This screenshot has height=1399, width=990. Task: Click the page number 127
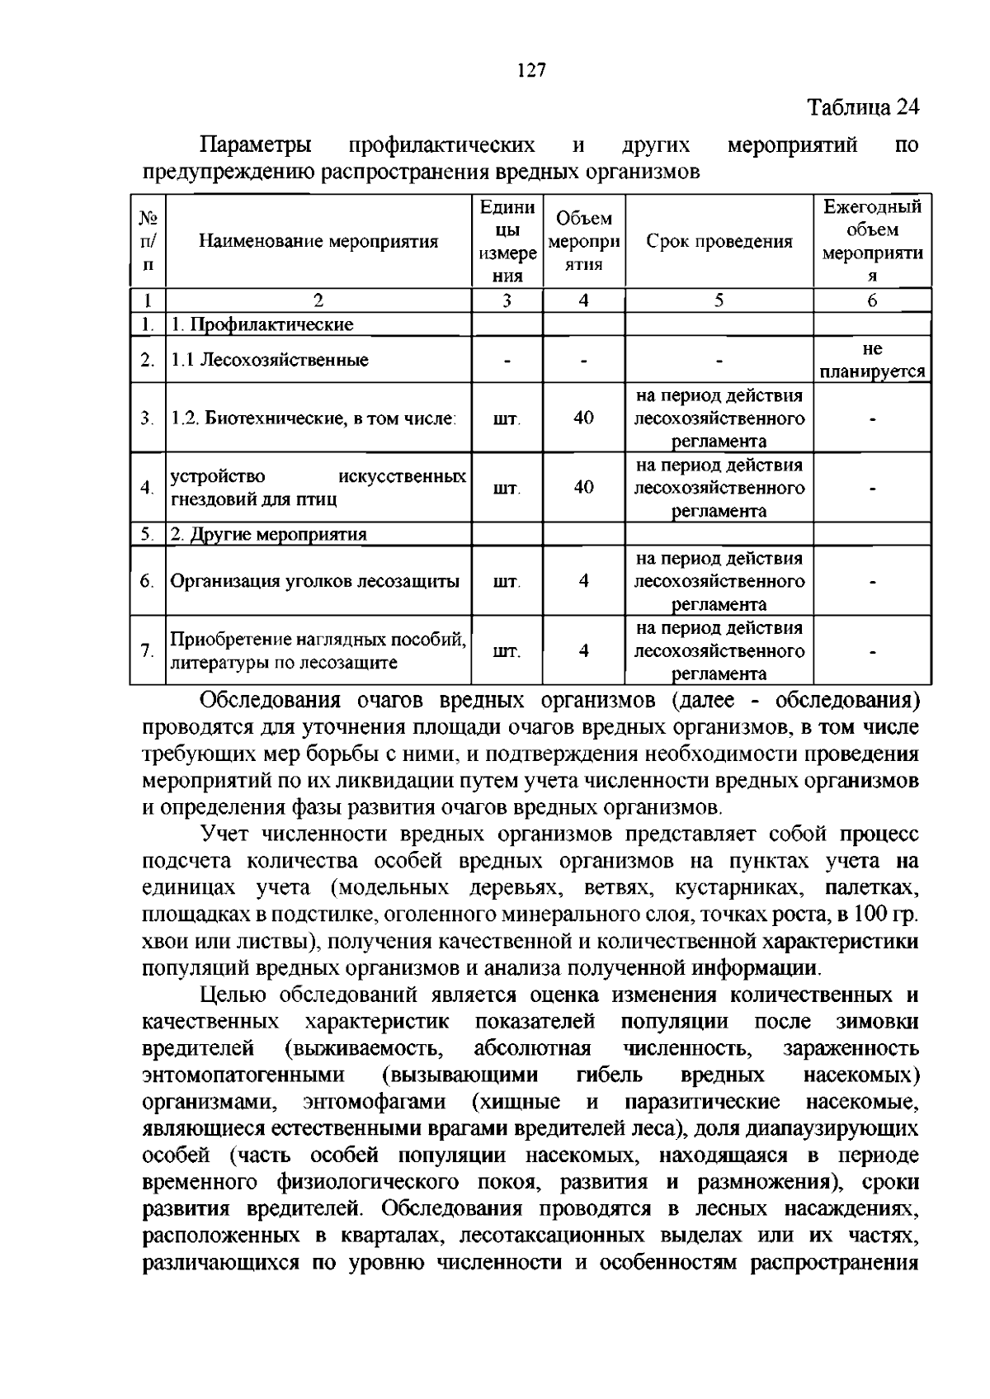532,71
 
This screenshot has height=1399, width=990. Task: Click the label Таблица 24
862,107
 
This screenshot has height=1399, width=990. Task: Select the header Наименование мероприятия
318,242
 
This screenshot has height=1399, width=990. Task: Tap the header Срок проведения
719,242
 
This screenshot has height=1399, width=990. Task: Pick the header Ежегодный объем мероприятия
872,241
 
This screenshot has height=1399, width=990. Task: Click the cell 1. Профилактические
262,324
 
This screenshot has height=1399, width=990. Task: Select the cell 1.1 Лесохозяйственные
269,360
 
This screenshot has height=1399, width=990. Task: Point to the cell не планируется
872,360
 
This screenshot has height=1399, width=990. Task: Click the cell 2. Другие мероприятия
268,534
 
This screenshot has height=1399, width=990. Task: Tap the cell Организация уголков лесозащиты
314,581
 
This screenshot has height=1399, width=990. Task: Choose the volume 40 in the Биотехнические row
583,418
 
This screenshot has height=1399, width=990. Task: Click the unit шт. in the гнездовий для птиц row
507,488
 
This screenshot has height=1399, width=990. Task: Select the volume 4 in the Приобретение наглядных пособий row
583,650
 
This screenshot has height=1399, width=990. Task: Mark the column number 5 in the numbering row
719,301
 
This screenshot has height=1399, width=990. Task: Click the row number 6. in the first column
147,581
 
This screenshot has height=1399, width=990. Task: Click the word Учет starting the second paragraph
227,834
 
